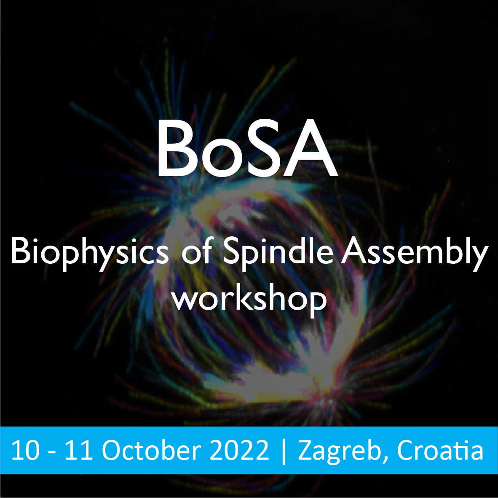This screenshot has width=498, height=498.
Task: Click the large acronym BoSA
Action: point(247,148)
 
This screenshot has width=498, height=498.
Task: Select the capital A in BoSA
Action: point(310,148)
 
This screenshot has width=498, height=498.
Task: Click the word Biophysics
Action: point(90,253)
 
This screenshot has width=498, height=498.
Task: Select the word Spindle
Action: point(278,253)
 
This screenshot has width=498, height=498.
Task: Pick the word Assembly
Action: point(414,253)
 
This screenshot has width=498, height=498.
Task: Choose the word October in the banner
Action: point(152,450)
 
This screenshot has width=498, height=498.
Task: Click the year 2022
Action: point(239,450)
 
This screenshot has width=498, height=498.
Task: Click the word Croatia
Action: point(440,450)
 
